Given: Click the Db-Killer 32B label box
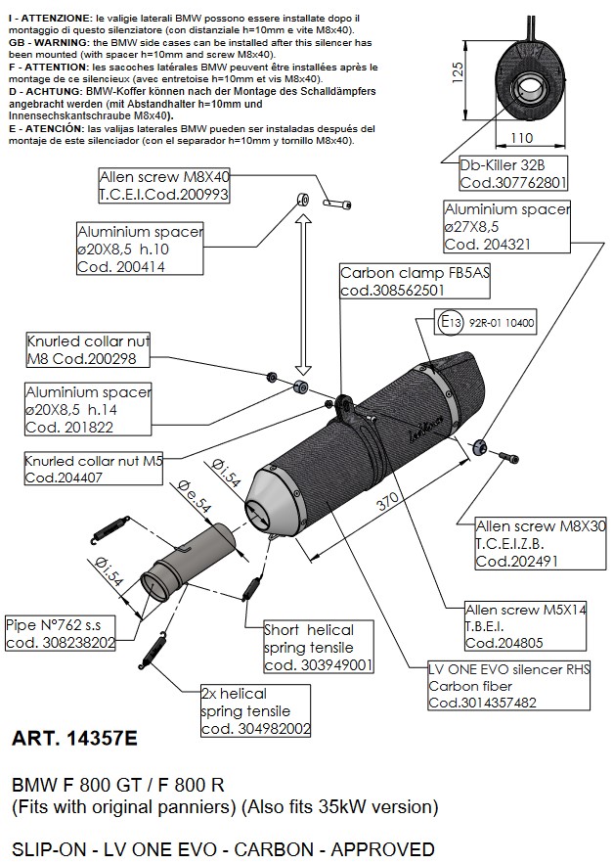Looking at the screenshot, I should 512,173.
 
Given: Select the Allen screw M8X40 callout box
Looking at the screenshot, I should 163,186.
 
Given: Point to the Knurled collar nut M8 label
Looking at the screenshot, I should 89,350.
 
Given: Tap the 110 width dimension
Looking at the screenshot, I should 524,140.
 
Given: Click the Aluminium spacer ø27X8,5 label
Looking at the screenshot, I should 507,226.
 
